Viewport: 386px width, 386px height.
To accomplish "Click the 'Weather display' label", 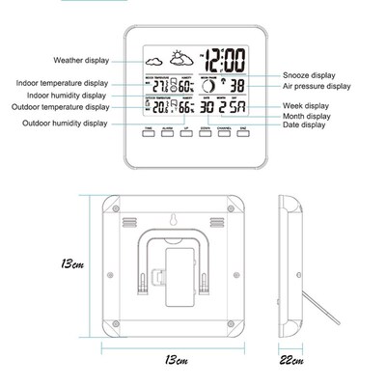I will tap(81, 60).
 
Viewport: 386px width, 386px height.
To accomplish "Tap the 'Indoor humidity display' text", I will tap(67, 96).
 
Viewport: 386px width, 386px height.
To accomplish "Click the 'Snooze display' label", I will tap(310, 74).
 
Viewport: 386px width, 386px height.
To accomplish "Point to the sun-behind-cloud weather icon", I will tap(180, 58).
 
